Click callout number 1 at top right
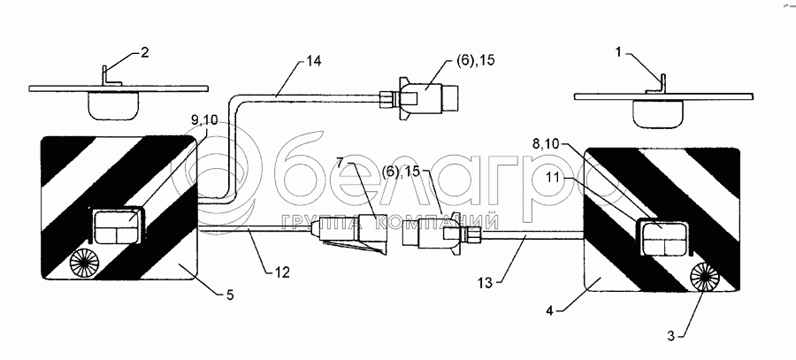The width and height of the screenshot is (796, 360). tap(623, 52)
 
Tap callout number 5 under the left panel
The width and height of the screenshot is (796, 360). tap(230, 294)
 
